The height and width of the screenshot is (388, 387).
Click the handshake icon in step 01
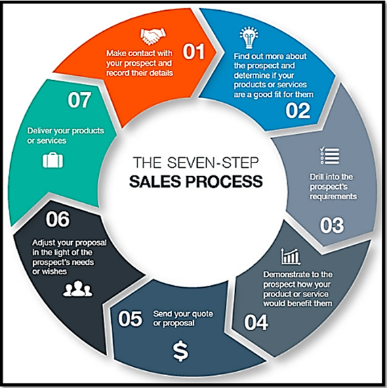pos(153,36)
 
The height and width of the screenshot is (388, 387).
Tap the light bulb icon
pos(249,37)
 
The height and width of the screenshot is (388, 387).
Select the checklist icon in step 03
pos(330,156)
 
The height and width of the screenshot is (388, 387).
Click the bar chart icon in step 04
pos(291,257)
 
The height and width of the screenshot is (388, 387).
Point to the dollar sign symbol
pos(181,351)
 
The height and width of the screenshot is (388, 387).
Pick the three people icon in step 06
pos(77,288)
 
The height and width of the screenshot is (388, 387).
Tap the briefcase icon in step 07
pos(53,160)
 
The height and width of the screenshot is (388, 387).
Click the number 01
pos(194,51)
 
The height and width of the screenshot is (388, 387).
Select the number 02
pos(298,110)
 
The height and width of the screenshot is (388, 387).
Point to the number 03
pos(332,225)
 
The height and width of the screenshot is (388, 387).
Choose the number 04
pos(256,322)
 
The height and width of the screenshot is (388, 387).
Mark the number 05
pos(130,319)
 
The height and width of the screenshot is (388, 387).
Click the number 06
pos(58,219)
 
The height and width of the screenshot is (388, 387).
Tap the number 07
pos(79,100)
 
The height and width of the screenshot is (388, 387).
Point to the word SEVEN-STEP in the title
pos(213,163)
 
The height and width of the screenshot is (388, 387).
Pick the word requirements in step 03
pos(333,196)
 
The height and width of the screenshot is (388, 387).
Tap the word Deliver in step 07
pos(39,131)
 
